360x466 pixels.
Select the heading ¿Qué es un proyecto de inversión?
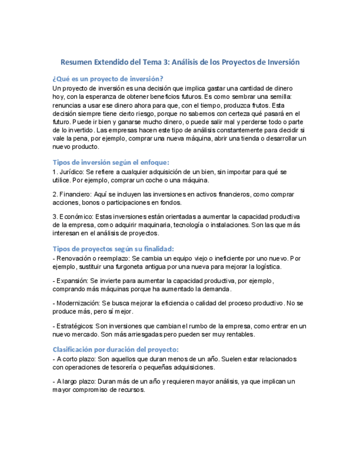(x=108, y=79)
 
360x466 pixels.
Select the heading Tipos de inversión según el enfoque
(x=110, y=162)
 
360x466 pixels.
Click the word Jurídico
(x=71, y=172)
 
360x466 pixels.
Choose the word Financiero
(x=74, y=195)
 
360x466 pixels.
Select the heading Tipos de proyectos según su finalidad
(x=113, y=248)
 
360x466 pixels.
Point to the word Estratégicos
(x=75, y=326)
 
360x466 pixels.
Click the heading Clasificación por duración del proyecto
(x=115, y=349)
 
